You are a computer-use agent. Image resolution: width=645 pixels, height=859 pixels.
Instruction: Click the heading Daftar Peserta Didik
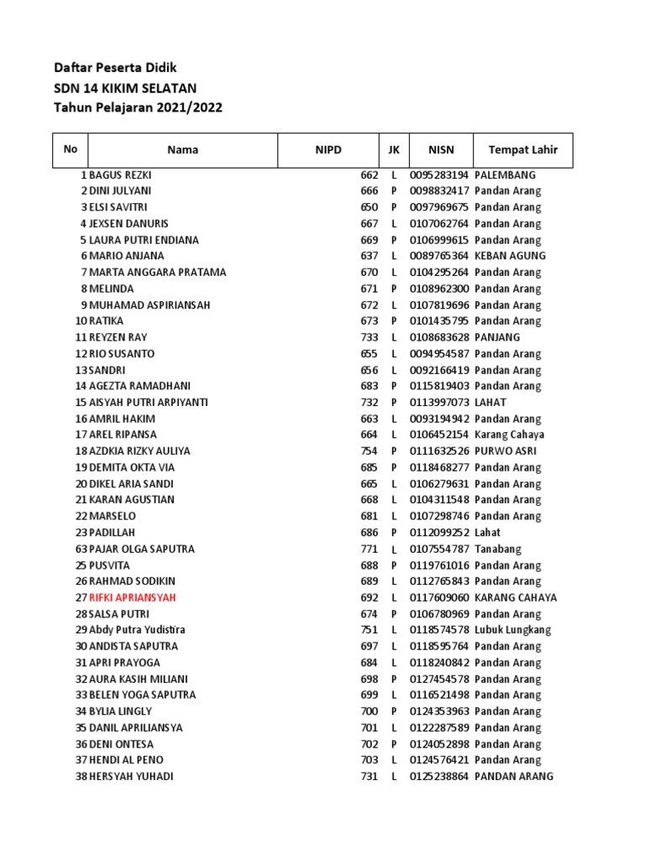pos(115,67)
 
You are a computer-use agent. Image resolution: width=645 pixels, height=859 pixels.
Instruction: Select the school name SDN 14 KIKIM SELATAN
pos(125,87)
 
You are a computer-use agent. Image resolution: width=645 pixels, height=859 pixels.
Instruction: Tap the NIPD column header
pos(328,150)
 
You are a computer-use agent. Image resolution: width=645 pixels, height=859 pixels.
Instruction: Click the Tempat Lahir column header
pos(523,150)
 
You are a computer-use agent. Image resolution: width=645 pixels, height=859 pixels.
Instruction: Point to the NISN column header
pos(441,150)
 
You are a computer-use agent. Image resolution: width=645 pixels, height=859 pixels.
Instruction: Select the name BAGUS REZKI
pos(120,175)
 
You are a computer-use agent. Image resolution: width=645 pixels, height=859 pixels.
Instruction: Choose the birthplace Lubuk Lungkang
pos(512,630)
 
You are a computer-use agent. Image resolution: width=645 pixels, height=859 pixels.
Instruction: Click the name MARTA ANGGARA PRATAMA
pos(157,273)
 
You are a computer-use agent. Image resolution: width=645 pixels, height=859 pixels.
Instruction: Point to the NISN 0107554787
pos(439,549)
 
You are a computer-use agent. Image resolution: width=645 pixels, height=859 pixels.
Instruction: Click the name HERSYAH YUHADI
pos(131,777)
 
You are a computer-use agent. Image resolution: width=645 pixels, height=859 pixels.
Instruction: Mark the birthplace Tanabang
pos(498,549)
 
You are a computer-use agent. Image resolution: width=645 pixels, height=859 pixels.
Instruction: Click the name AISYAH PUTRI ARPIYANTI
pos(148,403)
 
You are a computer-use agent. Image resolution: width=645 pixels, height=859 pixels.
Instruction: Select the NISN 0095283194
pos(439,175)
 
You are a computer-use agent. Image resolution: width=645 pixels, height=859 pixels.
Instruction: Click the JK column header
pos(393,150)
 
